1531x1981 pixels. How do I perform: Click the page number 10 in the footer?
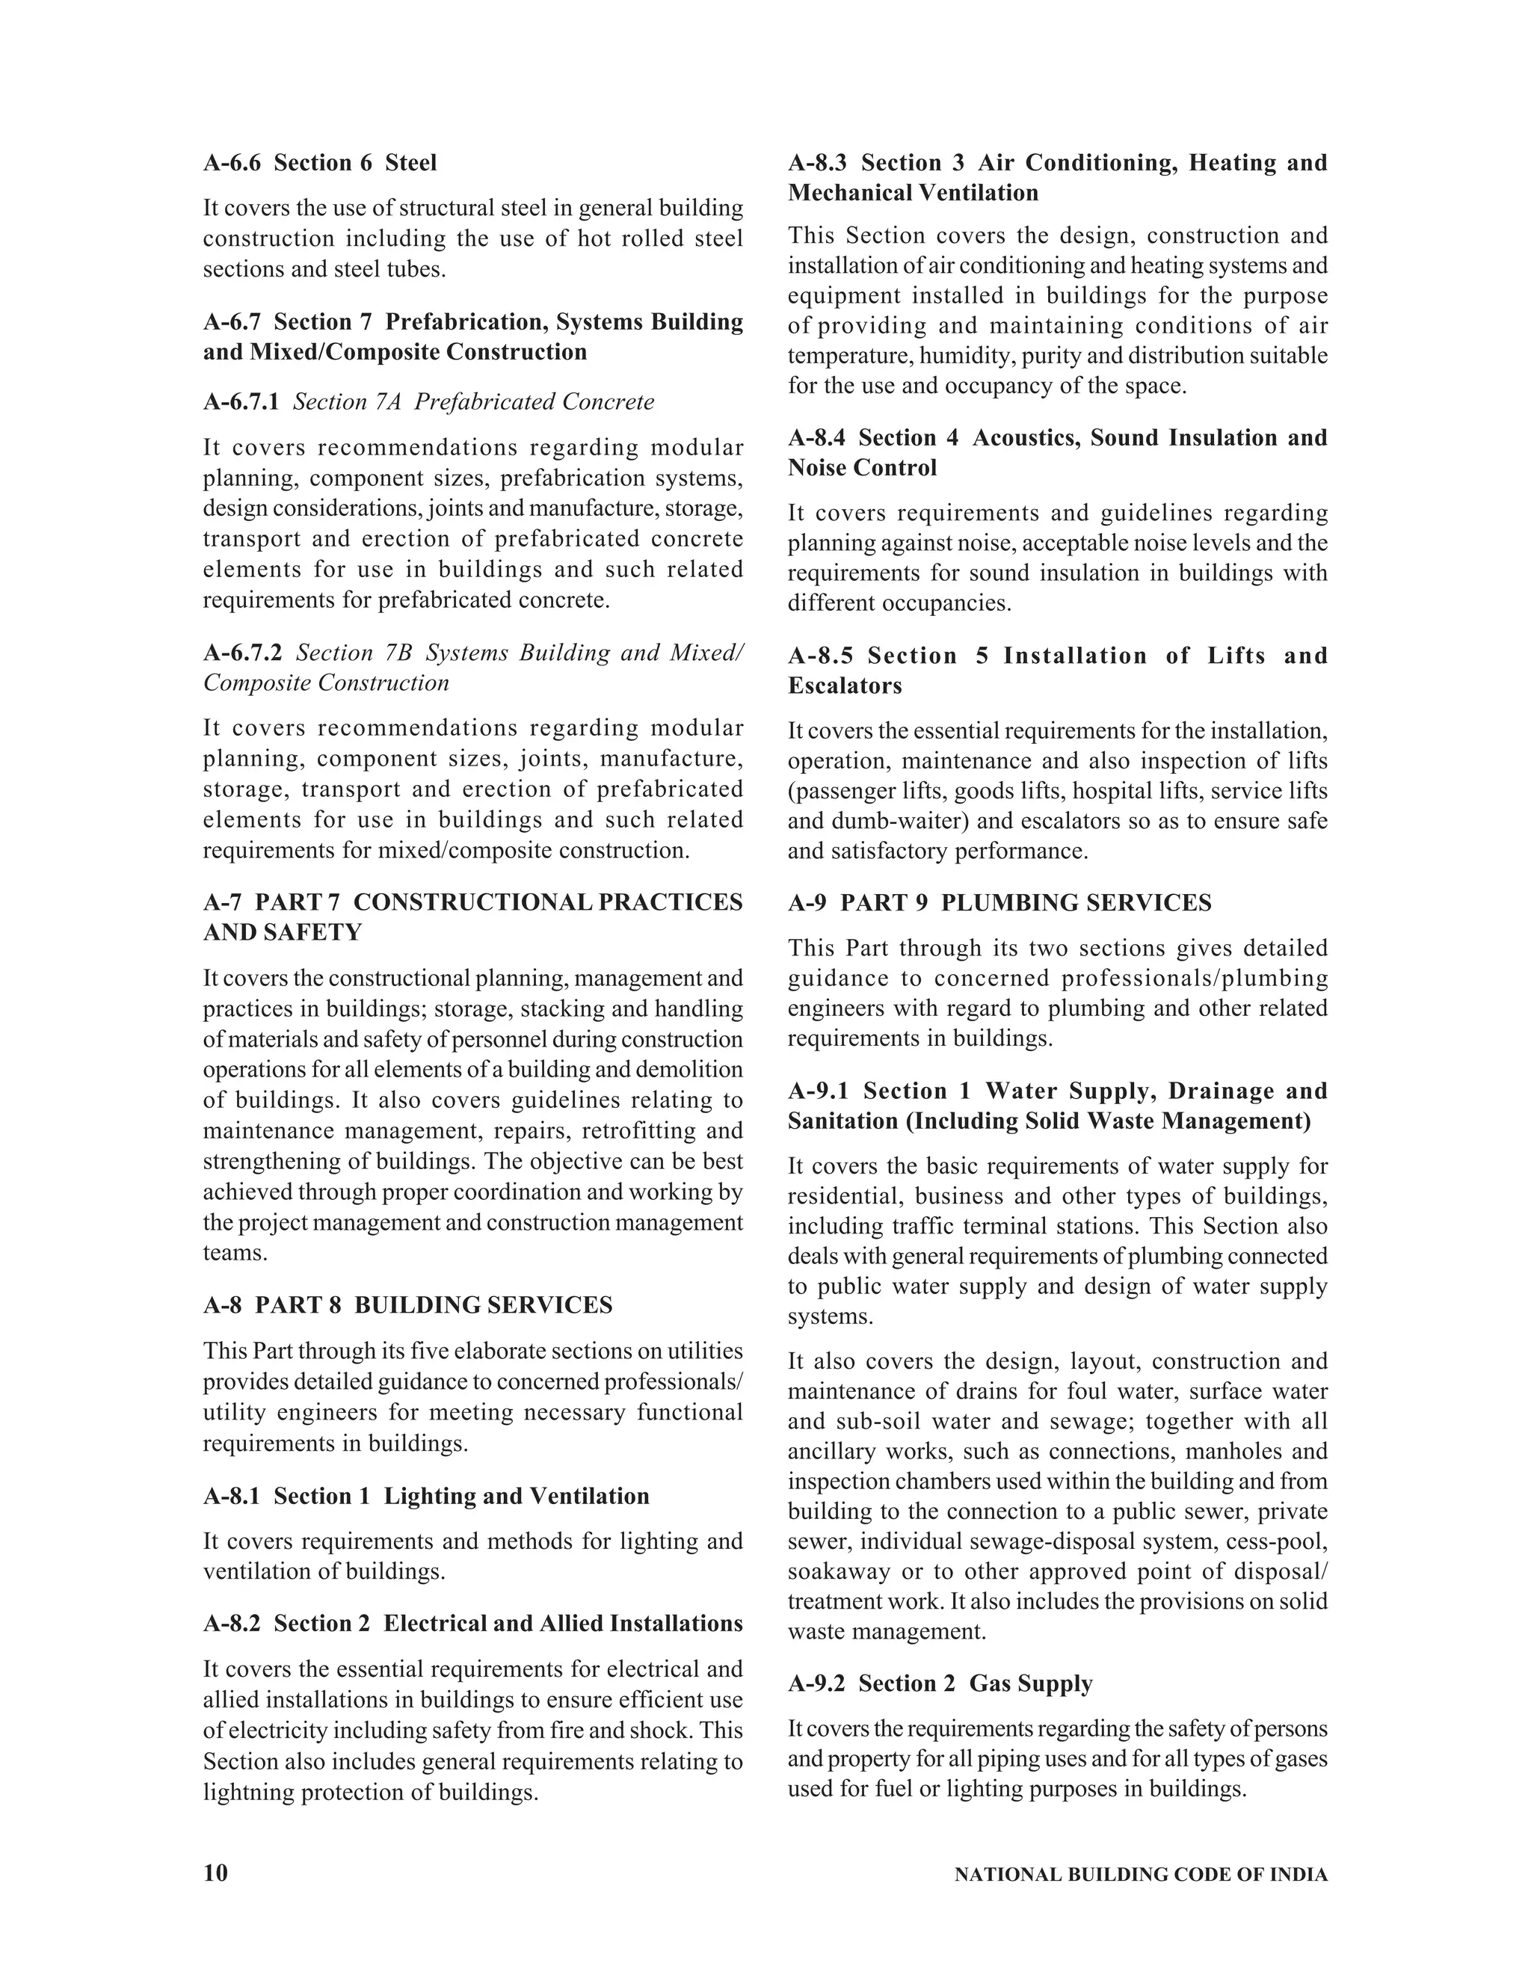click(x=216, y=1873)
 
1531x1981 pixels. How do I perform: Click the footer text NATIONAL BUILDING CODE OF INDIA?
click(x=1140, y=1875)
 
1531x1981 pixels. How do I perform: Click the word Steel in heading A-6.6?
click(x=411, y=162)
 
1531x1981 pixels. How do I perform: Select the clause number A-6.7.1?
click(x=241, y=402)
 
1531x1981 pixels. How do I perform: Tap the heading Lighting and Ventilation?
click(x=516, y=1496)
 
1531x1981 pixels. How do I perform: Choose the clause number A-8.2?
click(x=231, y=1623)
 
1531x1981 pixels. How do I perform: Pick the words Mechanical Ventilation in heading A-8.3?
click(x=913, y=192)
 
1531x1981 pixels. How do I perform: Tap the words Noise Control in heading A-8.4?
click(x=862, y=467)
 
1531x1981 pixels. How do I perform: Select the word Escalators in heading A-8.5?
click(x=845, y=685)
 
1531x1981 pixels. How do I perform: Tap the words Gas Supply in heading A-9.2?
click(x=1030, y=1683)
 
